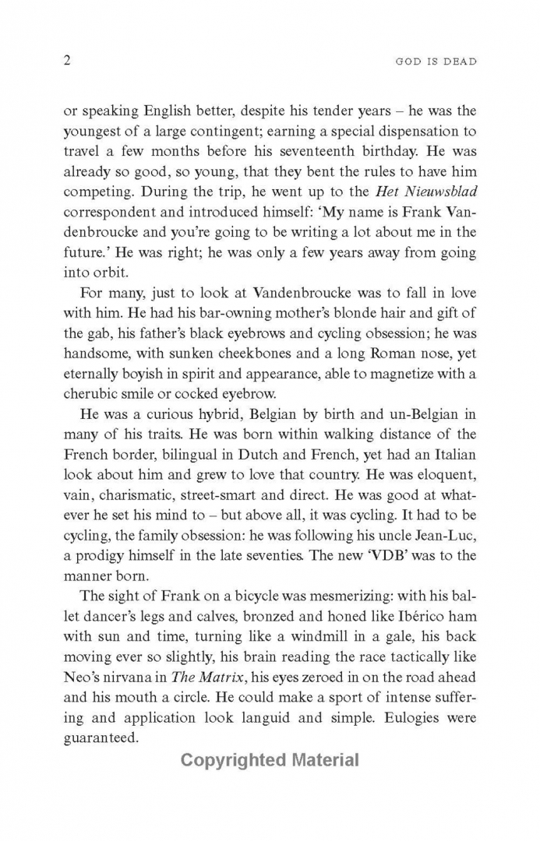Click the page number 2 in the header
click(x=67, y=61)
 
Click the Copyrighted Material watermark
click(x=270, y=760)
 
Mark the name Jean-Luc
click(x=444, y=537)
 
